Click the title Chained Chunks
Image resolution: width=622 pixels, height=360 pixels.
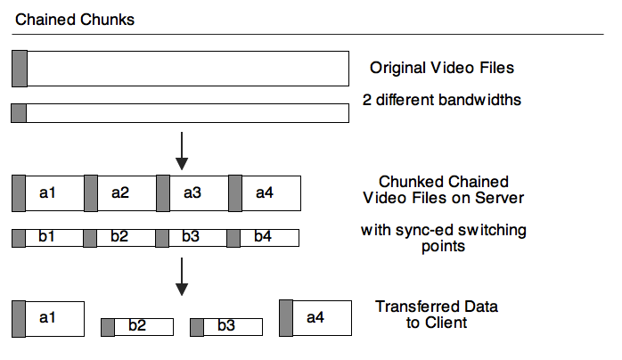(x=76, y=19)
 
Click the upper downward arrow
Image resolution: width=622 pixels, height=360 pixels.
(x=182, y=151)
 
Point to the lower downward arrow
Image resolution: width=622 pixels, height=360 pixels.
(x=182, y=277)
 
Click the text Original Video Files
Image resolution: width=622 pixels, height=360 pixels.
(x=442, y=68)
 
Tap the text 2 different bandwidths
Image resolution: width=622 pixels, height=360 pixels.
(x=442, y=100)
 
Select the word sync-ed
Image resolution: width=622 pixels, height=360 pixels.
(x=422, y=231)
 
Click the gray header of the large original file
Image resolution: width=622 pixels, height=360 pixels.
(x=20, y=69)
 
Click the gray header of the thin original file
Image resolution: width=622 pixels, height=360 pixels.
(x=19, y=113)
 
